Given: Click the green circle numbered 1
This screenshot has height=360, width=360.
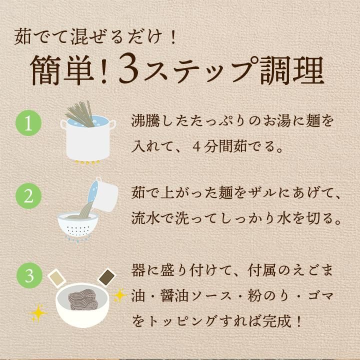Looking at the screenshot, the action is (28, 123).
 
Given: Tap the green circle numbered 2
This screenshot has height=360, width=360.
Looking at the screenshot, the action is (28, 196).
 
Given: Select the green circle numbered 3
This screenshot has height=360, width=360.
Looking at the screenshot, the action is (29, 275).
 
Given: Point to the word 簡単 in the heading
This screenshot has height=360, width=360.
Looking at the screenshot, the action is (62, 70).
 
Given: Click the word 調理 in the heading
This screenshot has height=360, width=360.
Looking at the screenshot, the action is (292, 70).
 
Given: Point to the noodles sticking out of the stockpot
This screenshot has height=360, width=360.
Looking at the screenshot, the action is (80, 114).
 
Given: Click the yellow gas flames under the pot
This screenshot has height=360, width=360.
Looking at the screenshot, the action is (87, 162).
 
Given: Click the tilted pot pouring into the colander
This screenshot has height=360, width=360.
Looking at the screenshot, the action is (103, 194).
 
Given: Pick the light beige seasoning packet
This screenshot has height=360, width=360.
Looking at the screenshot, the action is (56, 278).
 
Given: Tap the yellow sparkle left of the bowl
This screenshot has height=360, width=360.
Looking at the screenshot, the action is (38, 313).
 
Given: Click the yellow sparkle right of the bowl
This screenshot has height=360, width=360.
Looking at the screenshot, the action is (120, 295).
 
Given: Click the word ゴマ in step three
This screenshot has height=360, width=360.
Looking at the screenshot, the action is (320, 295).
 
